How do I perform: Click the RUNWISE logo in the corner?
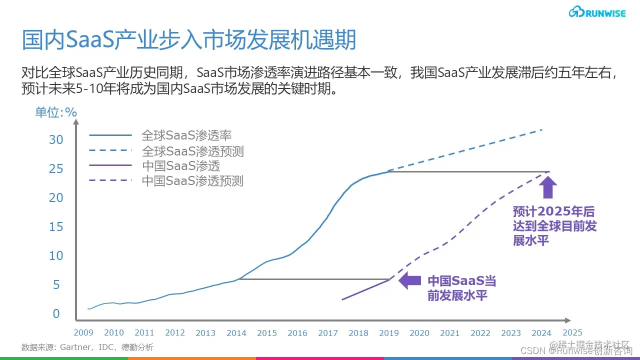[x=597, y=12]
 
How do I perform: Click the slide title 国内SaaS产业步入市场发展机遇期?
[x=188, y=40]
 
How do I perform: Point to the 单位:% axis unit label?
[x=56, y=112]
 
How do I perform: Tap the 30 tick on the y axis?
[x=56, y=139]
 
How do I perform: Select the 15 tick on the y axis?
[x=56, y=226]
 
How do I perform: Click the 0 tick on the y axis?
[x=56, y=313]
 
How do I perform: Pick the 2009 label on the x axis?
[x=83, y=332]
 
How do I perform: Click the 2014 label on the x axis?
[x=236, y=332]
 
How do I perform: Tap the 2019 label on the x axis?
[x=389, y=332]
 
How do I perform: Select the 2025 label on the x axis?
[x=572, y=332]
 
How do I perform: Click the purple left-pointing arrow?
[x=409, y=280]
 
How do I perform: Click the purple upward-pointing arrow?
[x=549, y=188]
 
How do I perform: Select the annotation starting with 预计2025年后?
[x=554, y=226]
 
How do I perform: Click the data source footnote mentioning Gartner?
[x=87, y=347]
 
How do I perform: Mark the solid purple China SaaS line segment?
[x=365, y=289]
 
